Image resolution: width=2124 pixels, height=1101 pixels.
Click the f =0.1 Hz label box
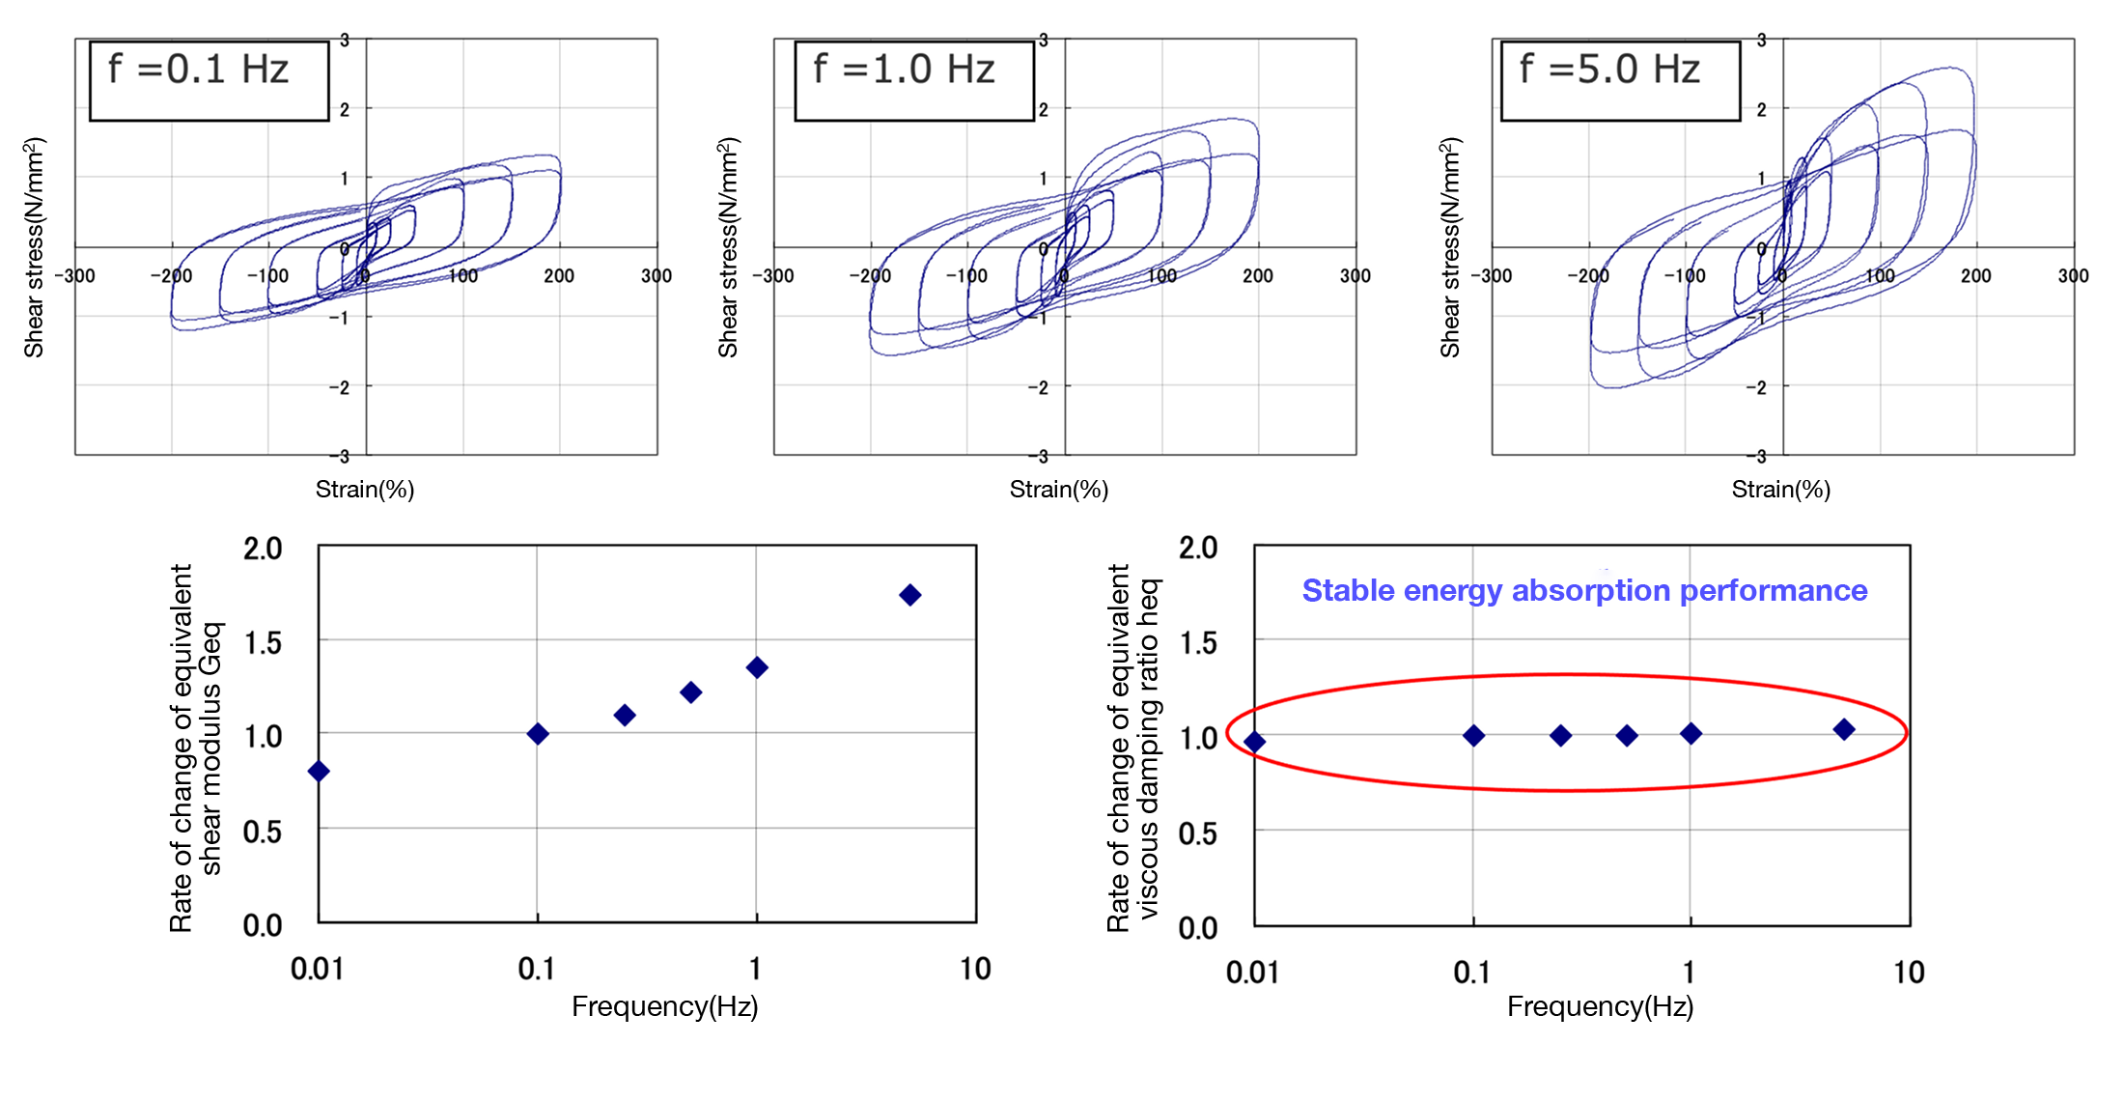pos(209,80)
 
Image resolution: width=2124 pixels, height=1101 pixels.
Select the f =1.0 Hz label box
pos(913,80)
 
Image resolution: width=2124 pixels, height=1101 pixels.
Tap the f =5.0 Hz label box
pos(1620,80)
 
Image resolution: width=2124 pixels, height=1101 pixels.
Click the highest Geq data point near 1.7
pos(909,595)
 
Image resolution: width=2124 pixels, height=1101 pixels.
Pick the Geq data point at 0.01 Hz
pos(319,771)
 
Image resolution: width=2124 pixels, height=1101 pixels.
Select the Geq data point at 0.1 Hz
pos(538,734)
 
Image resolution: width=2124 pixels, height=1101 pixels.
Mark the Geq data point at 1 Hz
pos(757,667)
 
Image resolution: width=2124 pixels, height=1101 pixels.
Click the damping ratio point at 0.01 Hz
pos(1254,741)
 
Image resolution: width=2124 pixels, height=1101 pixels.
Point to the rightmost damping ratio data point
pos(1844,729)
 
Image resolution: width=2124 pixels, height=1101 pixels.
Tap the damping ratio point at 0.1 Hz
pos(1473,736)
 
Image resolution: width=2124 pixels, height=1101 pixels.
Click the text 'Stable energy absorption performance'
pos(1584,590)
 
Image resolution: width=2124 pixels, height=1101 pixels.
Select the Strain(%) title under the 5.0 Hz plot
pos(1780,490)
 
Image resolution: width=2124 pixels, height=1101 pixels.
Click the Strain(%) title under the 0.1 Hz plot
pos(365,490)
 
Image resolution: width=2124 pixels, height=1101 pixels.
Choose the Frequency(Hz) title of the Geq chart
pos(664,1006)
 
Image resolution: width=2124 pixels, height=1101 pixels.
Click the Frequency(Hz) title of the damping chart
pos(1600,1006)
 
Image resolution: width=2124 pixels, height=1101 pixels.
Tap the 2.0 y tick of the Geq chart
pos(263,549)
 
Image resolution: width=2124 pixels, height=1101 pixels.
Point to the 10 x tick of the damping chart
pos(1909,972)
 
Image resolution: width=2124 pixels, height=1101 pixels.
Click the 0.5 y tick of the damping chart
pos(1198,833)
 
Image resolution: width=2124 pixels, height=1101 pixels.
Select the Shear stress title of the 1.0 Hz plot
pos(728,247)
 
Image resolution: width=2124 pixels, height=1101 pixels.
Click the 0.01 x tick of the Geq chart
pos(317,969)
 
